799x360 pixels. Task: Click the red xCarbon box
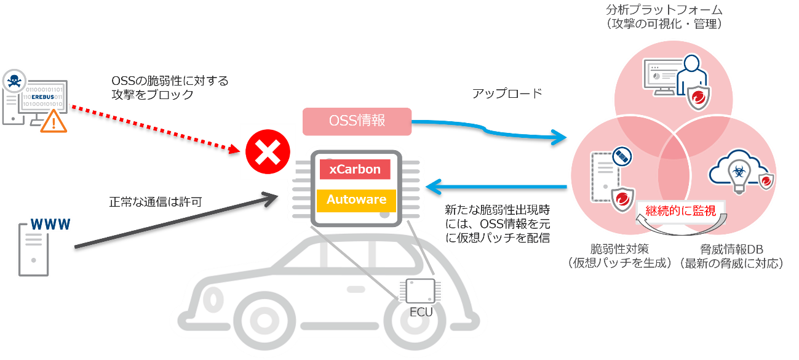click(x=355, y=169)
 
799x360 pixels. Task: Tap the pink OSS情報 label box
click(x=357, y=121)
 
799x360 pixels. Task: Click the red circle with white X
click(x=268, y=152)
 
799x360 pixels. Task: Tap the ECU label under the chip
click(x=421, y=312)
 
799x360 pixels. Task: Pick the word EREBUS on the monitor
click(x=46, y=97)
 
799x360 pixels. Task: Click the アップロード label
click(x=507, y=94)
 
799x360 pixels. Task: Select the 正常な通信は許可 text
click(x=156, y=201)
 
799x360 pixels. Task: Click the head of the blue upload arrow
click(x=560, y=137)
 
